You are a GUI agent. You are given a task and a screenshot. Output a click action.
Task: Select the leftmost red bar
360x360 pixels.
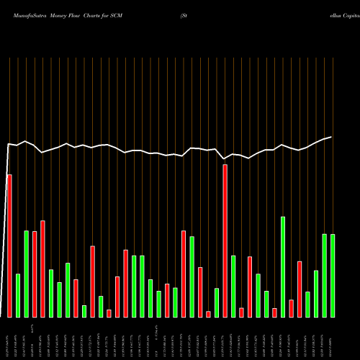(x=9, y=246)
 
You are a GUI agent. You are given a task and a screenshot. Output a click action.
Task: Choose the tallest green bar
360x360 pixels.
(x=283, y=266)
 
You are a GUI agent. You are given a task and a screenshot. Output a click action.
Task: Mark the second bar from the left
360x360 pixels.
(x=18, y=295)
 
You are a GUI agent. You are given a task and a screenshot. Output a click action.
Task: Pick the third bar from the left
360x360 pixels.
(x=27, y=274)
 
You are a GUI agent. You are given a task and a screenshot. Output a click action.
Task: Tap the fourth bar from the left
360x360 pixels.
(x=35, y=274)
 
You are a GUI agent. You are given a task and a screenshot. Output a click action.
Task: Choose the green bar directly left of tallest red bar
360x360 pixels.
(x=217, y=302)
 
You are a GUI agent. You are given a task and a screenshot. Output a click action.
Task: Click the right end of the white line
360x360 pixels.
(x=332, y=137)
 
